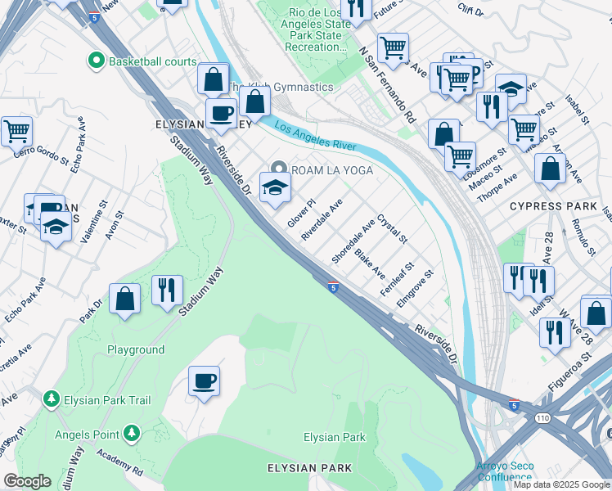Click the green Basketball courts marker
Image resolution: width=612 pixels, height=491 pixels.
coord(97,61)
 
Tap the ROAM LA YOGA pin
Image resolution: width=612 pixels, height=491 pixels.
coord(279,169)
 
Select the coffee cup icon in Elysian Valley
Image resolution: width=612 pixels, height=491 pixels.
coord(220,113)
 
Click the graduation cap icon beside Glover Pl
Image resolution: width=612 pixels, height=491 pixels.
coord(276,187)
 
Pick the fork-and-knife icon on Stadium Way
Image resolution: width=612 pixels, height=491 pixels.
coord(166,291)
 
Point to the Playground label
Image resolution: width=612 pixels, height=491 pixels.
coord(136,349)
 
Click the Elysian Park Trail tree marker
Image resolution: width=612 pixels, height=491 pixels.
coord(51,400)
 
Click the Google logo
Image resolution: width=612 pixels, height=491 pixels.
coord(26,481)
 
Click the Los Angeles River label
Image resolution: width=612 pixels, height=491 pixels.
coord(315,137)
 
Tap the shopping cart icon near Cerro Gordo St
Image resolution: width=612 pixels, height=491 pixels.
coord(16,130)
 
